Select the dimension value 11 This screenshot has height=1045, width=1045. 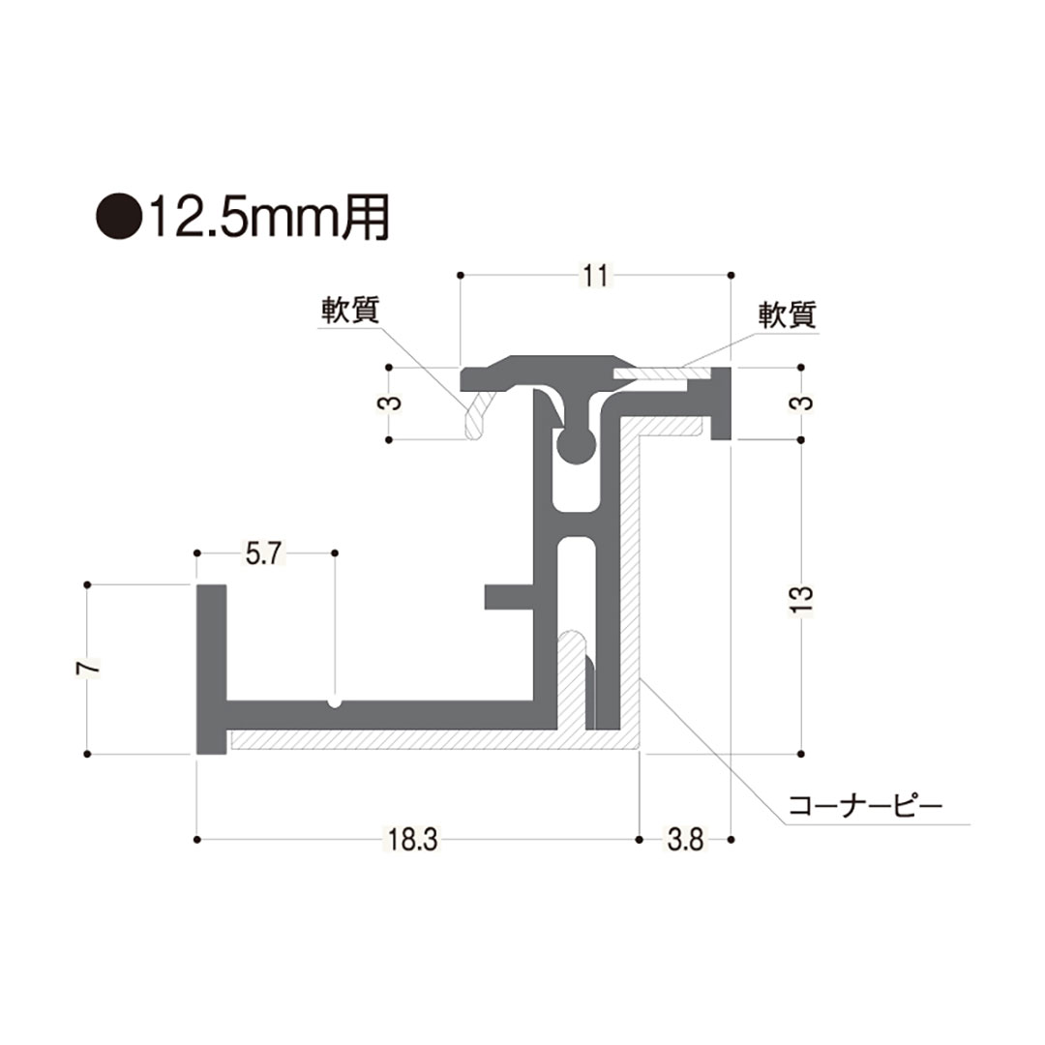(x=595, y=276)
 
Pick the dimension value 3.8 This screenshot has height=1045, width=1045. (x=685, y=839)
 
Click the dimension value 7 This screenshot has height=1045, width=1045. (x=88, y=668)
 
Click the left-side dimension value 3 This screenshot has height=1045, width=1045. (x=388, y=403)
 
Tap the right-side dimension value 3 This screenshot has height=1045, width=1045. (x=802, y=403)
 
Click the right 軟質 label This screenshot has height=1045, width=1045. (x=788, y=314)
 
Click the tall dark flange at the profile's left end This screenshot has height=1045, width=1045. (x=211, y=668)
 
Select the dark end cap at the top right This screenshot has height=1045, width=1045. (x=722, y=403)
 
